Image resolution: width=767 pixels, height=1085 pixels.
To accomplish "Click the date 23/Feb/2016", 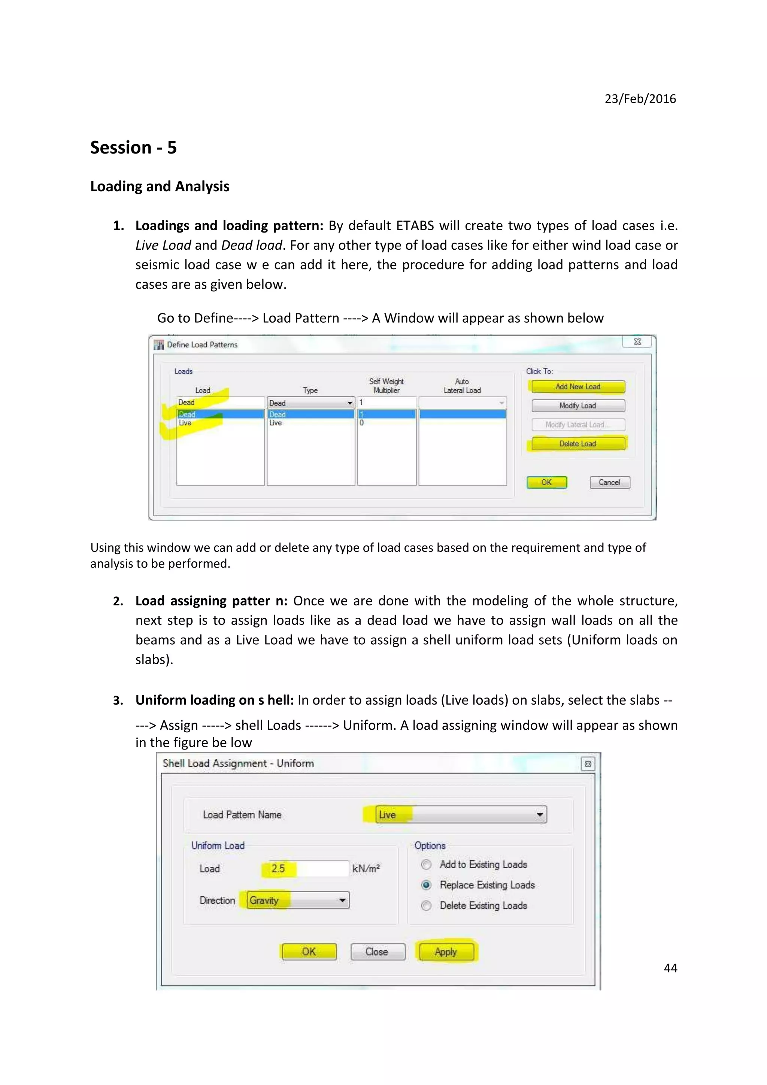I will pos(640,99).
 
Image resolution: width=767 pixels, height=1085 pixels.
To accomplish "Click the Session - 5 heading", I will pos(133,148).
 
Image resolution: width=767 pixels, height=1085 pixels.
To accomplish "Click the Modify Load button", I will pos(577,405).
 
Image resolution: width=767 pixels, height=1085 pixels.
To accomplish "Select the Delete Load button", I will pos(577,444).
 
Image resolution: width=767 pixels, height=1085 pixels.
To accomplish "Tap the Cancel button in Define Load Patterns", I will pos(609,483).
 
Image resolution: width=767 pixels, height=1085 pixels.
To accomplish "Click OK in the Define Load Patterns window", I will pos(546,483).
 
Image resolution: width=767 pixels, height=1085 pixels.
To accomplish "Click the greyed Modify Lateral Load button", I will pos(577,425).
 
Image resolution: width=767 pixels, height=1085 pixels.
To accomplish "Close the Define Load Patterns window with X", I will pos(637,342).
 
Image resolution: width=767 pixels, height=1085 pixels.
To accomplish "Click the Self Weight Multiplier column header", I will pos(386,386).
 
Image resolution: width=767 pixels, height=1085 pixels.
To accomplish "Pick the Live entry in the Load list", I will pos(185,423).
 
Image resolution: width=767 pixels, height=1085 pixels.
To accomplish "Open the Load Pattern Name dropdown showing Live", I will pos(539,815).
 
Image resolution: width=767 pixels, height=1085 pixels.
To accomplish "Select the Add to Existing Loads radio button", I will pos(426,864).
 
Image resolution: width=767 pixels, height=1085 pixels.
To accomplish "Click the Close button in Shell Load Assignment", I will pos(377,952).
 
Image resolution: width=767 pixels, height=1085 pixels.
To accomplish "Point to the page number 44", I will pos(670,968).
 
